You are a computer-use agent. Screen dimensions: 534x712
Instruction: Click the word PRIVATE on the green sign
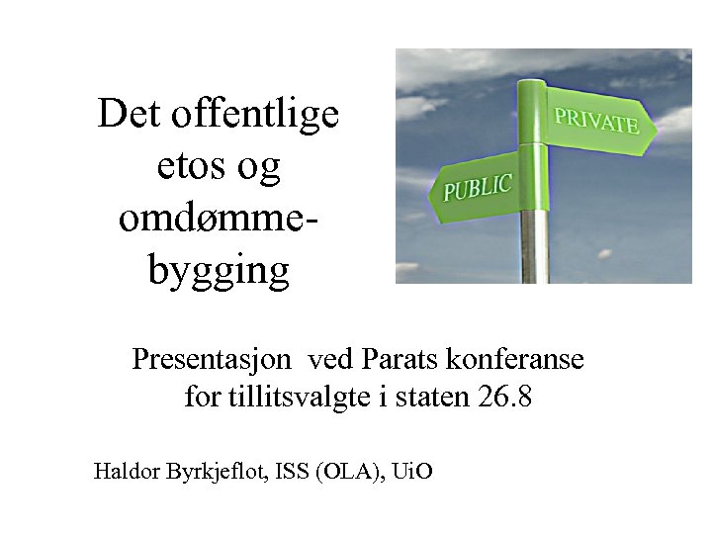(596, 121)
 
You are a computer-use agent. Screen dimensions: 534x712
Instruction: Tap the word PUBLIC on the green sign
(477, 186)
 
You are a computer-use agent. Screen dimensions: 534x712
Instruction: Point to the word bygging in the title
(219, 270)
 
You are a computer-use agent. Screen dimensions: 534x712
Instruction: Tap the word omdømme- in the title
(219, 218)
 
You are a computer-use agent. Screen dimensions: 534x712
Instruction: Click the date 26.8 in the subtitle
(504, 398)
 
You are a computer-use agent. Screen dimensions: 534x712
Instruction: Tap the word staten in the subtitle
(434, 398)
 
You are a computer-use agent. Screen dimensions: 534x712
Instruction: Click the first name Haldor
(125, 471)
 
